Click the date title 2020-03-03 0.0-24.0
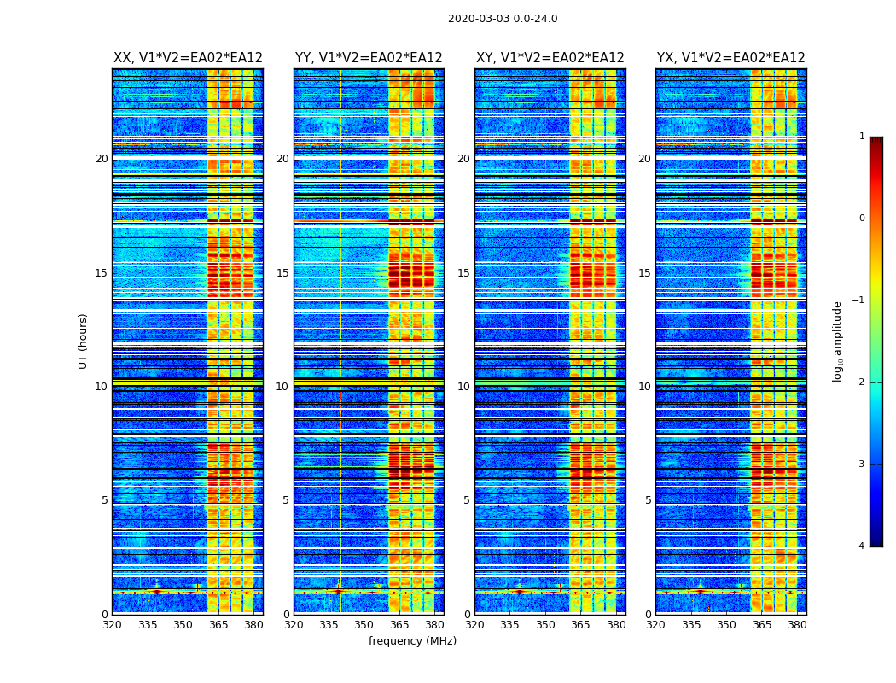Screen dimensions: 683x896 click(503, 19)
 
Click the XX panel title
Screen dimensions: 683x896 click(188, 58)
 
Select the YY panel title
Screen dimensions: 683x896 click(369, 58)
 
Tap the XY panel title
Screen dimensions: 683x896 click(550, 58)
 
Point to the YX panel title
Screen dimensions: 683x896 click(730, 58)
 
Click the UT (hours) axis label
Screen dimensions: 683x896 click(84, 341)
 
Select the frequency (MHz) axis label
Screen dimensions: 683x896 click(412, 641)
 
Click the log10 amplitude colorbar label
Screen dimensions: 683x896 click(838, 341)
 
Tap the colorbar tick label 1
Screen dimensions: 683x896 click(862, 137)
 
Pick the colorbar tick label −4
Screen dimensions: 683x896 click(859, 546)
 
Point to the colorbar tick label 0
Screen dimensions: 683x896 click(862, 219)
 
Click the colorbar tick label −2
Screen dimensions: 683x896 click(859, 382)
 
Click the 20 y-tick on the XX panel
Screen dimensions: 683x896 click(102, 159)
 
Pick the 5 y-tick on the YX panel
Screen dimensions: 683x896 click(648, 500)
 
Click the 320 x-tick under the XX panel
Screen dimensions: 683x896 click(112, 625)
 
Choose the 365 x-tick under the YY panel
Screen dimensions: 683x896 click(399, 625)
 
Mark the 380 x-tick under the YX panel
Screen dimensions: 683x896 click(797, 625)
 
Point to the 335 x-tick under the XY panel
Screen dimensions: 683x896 click(510, 625)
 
